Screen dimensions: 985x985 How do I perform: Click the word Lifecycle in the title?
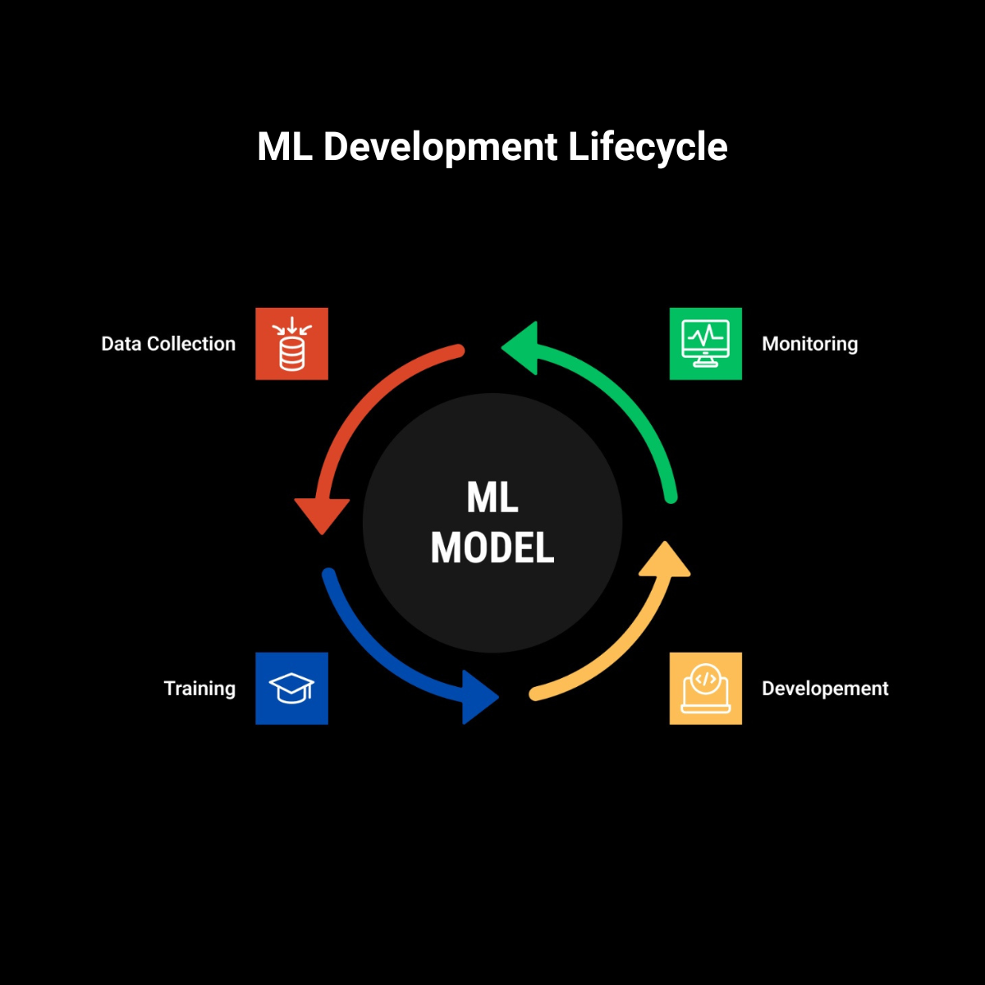pyautogui.click(x=647, y=148)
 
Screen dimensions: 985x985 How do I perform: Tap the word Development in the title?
pyautogui.click(x=441, y=148)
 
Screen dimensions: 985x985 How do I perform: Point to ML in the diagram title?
pyautogui.click(x=285, y=148)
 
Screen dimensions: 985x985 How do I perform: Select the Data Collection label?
pyautogui.click(x=168, y=344)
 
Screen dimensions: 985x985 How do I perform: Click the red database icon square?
pyautogui.click(x=291, y=344)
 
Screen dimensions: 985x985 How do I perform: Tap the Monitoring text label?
pyautogui.click(x=809, y=344)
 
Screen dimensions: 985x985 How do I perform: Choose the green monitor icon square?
pyautogui.click(x=705, y=344)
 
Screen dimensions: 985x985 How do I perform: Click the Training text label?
pyautogui.click(x=199, y=689)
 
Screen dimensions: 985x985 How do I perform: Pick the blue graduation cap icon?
pyautogui.click(x=291, y=689)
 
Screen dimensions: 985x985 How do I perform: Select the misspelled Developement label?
pyautogui.click(x=825, y=689)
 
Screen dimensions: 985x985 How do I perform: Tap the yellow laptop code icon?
pyautogui.click(x=705, y=689)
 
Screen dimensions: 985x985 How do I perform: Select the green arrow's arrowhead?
pyautogui.click(x=521, y=348)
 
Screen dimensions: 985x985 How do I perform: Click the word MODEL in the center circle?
pyautogui.click(x=492, y=547)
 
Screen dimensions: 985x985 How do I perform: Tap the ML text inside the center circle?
pyautogui.click(x=492, y=497)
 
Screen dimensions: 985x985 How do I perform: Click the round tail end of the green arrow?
pyautogui.click(x=671, y=496)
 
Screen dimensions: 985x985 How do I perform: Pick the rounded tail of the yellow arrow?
pyautogui.click(x=536, y=694)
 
